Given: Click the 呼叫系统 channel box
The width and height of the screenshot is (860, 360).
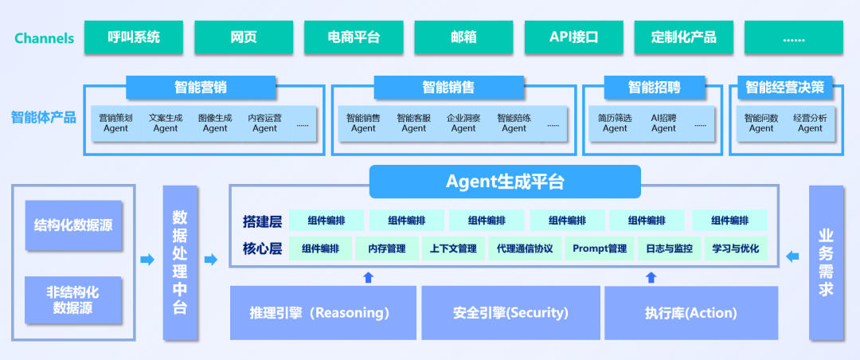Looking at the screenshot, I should coord(134,37).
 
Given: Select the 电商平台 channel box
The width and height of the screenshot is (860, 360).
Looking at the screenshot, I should coord(354,37).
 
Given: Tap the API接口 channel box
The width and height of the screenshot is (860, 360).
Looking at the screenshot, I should coord(573,37).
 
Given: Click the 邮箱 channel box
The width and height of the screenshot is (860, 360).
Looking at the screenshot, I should coord(463,37).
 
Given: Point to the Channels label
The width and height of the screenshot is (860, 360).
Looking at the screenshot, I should coord(44,38).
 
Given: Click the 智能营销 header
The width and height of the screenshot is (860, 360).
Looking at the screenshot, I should coord(201,87).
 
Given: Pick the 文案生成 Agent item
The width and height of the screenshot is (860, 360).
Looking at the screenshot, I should coord(166,123).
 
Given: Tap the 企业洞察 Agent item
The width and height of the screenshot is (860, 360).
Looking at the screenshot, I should coord(463,123).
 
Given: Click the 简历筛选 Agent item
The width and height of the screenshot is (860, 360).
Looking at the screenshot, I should coord(615,123).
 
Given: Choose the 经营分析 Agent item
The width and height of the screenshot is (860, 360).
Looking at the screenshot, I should coord(810,123).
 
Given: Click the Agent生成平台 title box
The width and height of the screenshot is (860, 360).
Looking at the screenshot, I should coord(505,182).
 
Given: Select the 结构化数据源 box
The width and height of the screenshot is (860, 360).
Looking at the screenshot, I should coord(73,225).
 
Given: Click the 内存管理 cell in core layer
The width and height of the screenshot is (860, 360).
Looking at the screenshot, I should coord(387,248).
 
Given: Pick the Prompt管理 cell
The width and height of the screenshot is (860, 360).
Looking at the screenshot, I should coord(600,248).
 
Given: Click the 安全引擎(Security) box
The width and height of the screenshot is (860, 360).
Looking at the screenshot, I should coord(510,312).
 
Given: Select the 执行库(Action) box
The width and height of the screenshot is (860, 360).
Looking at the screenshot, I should coord(690,312).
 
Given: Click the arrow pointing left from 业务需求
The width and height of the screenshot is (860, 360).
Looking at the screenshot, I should coord(792,256).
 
